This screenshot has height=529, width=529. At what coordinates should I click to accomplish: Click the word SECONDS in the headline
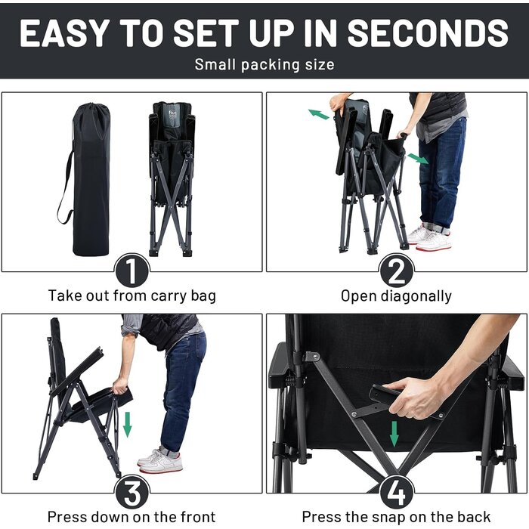428,32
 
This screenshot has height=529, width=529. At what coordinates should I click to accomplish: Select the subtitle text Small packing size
264,64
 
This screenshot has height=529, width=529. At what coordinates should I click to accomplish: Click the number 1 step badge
131,271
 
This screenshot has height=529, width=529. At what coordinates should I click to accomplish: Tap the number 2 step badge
397,271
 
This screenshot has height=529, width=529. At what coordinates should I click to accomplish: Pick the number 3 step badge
131,492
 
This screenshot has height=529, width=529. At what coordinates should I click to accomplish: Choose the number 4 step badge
397,492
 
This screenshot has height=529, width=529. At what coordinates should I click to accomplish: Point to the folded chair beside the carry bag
172,179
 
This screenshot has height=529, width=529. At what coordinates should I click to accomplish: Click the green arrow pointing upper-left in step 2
318,115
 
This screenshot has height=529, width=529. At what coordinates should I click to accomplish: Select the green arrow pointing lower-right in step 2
418,159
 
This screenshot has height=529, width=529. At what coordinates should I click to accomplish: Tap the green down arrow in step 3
127,425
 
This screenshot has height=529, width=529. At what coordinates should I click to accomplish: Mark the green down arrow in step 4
394,434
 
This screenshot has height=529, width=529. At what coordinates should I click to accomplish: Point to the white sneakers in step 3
160,460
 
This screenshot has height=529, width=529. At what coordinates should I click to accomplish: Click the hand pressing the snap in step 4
414,397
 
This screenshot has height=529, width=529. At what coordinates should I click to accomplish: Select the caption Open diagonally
396,296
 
